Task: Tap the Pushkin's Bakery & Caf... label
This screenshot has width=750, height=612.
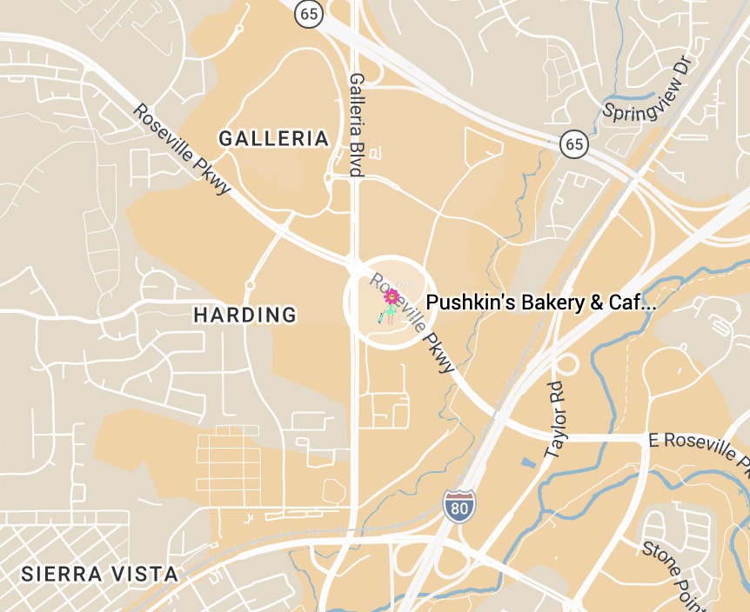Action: (539, 303)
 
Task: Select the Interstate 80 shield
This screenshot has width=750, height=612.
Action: (458, 506)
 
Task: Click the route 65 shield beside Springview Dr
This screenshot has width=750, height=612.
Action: (573, 143)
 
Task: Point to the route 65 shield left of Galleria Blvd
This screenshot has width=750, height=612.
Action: (308, 13)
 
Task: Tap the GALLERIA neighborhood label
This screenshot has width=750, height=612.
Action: (273, 138)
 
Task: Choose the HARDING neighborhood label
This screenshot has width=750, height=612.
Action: (244, 315)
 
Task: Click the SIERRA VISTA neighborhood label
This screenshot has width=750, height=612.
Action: (99, 574)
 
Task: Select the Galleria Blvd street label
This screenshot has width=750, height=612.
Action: (356, 124)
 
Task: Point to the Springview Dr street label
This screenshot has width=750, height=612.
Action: (646, 91)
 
